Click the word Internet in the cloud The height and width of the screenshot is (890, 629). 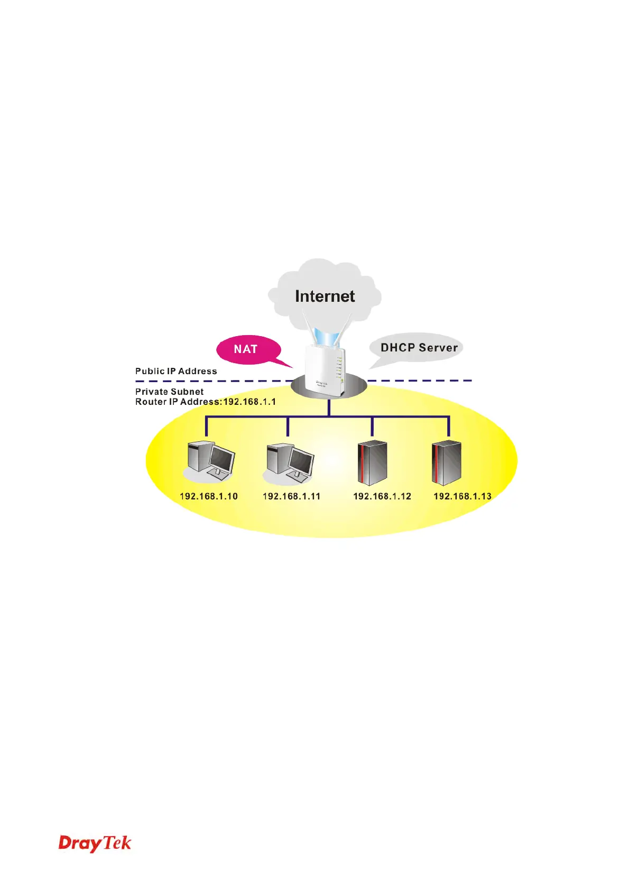point(325,296)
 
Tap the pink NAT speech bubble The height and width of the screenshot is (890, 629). point(246,349)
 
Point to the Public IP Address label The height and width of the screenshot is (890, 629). point(176,371)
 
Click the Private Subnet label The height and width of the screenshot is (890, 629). point(169,392)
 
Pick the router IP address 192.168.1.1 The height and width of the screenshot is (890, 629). point(249,402)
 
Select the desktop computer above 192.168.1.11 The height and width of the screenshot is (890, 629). point(289,463)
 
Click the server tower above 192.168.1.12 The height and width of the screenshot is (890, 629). point(373,463)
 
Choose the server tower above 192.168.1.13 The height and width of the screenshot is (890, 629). point(447,463)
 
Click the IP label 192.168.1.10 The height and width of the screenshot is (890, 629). point(209,496)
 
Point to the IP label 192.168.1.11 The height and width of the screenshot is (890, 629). point(291,496)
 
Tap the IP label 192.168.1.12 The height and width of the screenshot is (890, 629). point(382,496)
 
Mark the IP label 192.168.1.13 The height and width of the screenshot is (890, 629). point(462,496)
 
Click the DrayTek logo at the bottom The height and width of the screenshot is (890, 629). point(95,843)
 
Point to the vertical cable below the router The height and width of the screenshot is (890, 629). point(329,407)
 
